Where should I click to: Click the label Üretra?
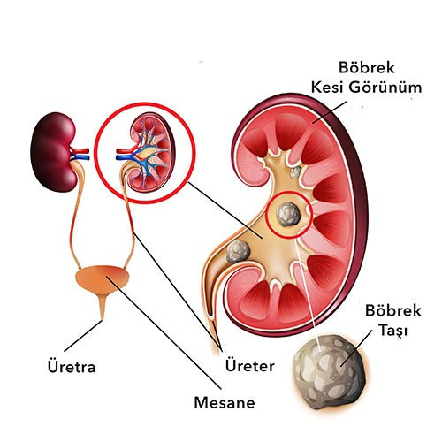(x=72, y=367)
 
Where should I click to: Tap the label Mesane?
(x=225, y=402)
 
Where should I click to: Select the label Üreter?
(x=250, y=366)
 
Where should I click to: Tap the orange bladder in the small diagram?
(x=103, y=278)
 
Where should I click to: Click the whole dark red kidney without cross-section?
(x=54, y=152)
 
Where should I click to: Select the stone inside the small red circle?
(x=288, y=214)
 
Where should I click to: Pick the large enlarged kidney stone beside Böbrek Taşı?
(x=330, y=372)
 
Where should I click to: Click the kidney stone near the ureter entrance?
(x=238, y=251)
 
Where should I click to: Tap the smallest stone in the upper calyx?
(x=295, y=172)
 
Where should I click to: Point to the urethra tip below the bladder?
(x=103, y=319)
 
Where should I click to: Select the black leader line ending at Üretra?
(x=83, y=336)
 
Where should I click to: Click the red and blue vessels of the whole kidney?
(x=80, y=154)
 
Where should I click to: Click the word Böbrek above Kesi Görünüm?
(x=367, y=67)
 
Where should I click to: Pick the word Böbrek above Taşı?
(x=393, y=311)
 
